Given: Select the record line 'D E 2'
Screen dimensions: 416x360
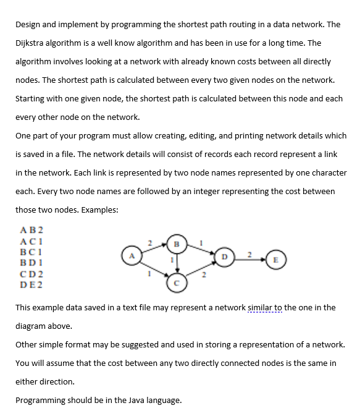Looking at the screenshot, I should (x=28, y=284).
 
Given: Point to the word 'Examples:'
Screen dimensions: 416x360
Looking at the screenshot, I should (x=98, y=210).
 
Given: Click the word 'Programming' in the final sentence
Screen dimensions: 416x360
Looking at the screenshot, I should (x=41, y=400).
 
